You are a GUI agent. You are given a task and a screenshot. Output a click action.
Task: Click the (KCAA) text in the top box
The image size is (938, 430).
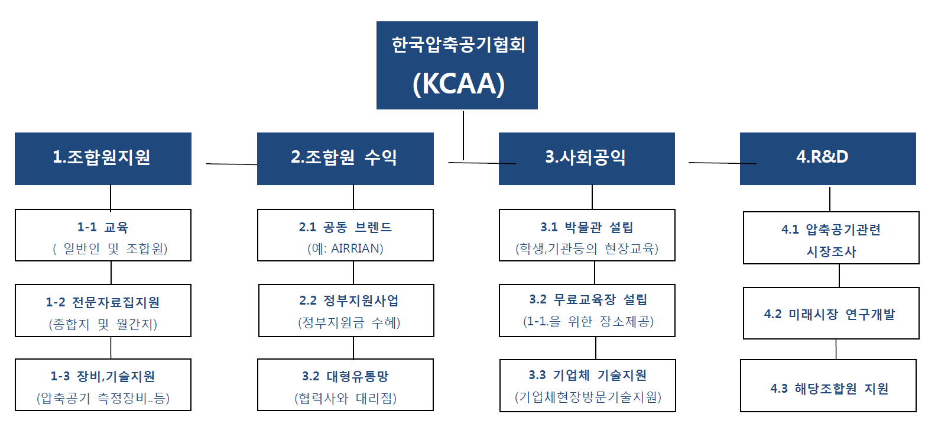(x=459, y=84)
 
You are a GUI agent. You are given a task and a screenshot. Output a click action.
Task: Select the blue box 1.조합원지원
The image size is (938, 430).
(x=103, y=159)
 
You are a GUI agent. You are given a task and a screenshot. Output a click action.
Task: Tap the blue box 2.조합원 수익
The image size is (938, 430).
(x=345, y=159)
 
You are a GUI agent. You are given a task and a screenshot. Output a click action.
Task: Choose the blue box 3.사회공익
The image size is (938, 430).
(x=587, y=159)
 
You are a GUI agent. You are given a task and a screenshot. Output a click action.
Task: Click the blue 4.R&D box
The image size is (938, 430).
(x=828, y=159)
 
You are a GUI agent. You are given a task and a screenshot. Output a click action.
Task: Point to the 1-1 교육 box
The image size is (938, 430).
(x=103, y=235)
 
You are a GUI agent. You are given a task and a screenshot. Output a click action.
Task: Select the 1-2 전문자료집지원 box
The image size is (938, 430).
(x=103, y=311)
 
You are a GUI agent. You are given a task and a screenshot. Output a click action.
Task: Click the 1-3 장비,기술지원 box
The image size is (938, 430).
(x=103, y=384)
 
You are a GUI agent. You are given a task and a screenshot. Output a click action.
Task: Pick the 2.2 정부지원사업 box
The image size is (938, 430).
(x=346, y=311)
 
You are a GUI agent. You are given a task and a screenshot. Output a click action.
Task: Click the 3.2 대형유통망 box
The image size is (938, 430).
(x=345, y=384)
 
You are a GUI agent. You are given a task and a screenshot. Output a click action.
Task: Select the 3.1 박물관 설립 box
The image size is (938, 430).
(x=587, y=235)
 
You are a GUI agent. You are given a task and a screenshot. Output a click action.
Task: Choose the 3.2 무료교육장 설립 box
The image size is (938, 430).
(x=587, y=311)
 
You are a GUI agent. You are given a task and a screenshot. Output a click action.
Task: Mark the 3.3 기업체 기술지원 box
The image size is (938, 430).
(x=588, y=386)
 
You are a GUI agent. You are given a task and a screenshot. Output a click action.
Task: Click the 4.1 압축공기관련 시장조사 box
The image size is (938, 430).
(x=831, y=238)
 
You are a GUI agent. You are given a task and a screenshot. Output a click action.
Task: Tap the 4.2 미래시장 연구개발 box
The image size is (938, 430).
(x=831, y=313)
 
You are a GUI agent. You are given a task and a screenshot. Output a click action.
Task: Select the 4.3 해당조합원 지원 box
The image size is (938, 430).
(x=828, y=386)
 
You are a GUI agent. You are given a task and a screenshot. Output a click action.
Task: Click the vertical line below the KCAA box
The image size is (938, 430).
(x=463, y=135)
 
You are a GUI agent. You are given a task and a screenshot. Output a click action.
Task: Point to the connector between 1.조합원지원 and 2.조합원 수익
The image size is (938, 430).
(x=232, y=164)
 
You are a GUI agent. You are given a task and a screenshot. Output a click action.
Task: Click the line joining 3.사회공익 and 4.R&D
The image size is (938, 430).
(x=722, y=163)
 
